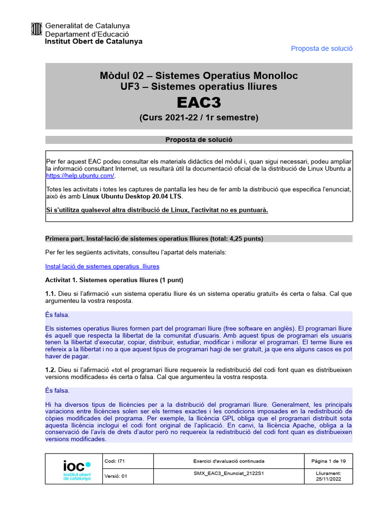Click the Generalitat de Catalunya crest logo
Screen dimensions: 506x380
[37, 30]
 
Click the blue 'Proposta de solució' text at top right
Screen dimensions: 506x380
[322, 48]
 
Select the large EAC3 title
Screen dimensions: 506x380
[199, 103]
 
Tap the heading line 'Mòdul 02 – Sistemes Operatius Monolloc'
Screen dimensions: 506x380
[199, 76]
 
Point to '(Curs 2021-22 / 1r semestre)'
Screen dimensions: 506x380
[199, 118]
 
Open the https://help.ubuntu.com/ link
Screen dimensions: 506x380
[80, 176]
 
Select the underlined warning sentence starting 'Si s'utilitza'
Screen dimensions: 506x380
[157, 210]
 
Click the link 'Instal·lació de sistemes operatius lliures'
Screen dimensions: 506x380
[102, 266]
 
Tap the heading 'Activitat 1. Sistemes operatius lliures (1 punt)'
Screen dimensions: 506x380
[114, 280]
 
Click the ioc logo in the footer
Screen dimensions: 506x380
[77, 469]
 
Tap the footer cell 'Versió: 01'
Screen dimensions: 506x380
[116, 476]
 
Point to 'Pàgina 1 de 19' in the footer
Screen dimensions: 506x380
[328, 461]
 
